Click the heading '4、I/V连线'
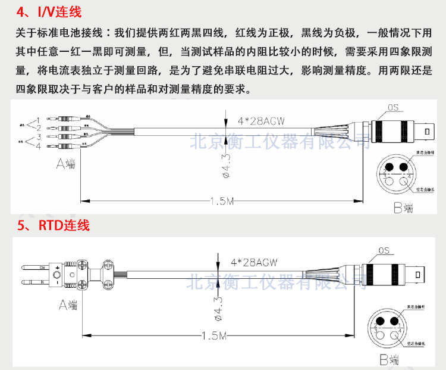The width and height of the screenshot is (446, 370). [49, 12]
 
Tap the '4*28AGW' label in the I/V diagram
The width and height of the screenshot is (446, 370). [262, 121]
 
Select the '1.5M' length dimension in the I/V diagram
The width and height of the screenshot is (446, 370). [222, 201]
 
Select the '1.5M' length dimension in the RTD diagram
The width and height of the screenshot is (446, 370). [215, 337]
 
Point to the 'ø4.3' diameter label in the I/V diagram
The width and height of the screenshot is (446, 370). [226, 165]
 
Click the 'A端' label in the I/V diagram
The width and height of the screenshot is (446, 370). [65, 163]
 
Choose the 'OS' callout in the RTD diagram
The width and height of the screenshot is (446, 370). [384, 251]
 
